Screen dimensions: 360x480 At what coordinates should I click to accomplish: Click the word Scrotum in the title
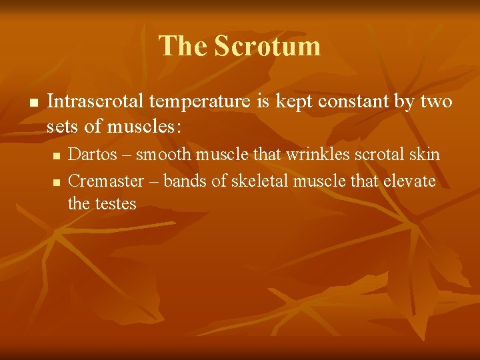267,46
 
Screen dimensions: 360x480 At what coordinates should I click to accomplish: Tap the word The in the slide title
183,46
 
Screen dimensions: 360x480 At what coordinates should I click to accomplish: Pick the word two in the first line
436,102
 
